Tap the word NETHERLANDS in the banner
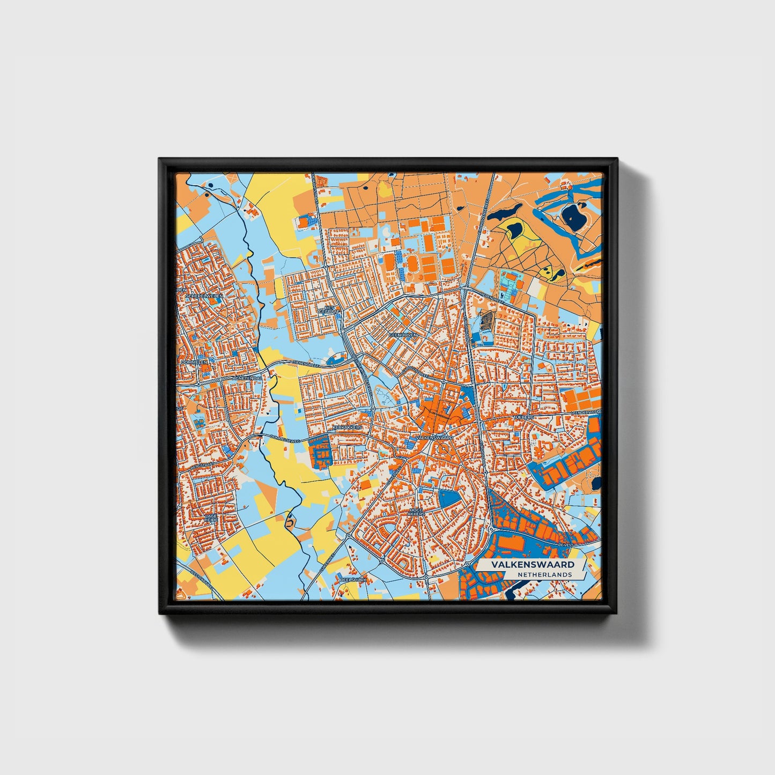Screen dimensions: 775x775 coord(544,574)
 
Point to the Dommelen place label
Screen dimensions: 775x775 coord(194,362)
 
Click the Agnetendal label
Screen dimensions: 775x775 coord(247,378)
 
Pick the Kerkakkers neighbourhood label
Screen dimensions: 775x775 coord(348,427)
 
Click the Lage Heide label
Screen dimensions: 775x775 coord(211,518)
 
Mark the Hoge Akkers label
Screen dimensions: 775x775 coord(416,512)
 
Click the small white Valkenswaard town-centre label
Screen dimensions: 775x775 coord(434,438)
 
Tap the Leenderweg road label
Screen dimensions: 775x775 coord(585,412)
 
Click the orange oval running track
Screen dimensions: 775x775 coord(414,263)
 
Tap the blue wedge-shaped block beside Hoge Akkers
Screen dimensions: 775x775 coord(449,498)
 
